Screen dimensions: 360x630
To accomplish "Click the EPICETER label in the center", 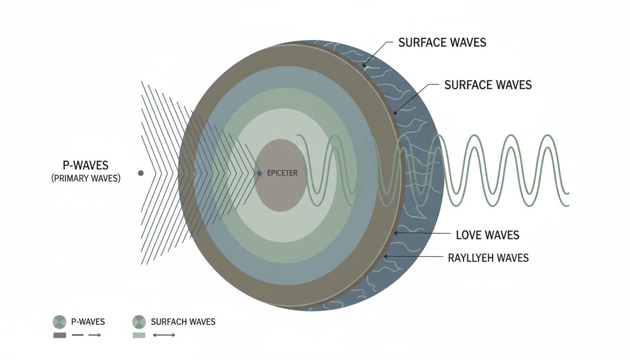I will point(282,173).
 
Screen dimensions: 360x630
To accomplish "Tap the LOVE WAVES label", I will point(487,234).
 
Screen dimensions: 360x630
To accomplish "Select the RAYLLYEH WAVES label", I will point(488,257).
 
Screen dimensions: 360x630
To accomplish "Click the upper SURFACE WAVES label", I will point(442,43).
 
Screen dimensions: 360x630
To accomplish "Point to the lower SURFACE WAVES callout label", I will point(487,85).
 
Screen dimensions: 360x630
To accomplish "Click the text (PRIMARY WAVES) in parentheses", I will point(86,179).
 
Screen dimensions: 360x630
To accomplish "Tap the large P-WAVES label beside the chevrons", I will point(85,165).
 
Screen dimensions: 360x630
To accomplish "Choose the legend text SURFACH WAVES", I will point(183,322).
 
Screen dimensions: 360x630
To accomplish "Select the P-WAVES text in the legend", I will point(88,322).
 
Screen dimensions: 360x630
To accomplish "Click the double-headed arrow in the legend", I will point(164,335).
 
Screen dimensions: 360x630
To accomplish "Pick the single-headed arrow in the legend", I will point(95,335).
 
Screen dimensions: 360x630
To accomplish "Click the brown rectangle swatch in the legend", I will point(60,335).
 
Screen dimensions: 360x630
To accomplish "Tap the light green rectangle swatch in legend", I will point(139,335).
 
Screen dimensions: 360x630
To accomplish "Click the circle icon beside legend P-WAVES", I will point(60,322).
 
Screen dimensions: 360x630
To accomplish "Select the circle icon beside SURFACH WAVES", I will point(139,322).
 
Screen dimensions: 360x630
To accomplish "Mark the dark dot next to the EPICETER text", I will point(259,173).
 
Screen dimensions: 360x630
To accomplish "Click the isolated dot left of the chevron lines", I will point(140,173).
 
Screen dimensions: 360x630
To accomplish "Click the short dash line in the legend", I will point(78,335).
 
